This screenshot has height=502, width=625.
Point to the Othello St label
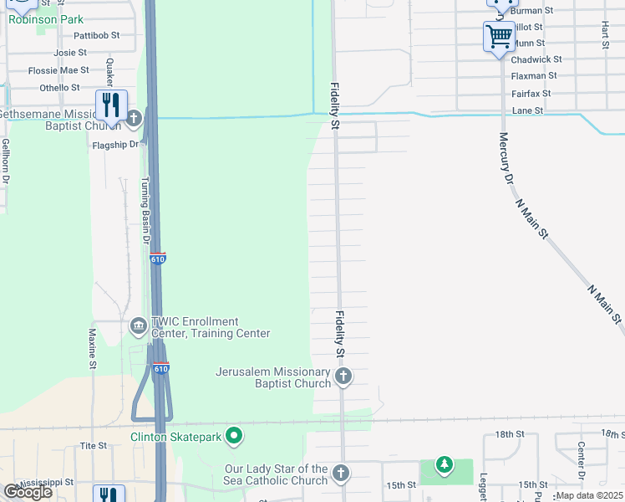[59, 87]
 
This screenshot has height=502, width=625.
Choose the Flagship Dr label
[114, 144]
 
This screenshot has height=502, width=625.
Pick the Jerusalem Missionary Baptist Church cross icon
[343, 377]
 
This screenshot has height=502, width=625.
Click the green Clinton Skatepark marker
[235, 436]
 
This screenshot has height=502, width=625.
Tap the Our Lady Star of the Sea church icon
[340, 474]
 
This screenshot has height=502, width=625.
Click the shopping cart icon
[499, 37]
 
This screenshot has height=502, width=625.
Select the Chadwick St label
[536, 59]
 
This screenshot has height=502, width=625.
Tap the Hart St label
[603, 36]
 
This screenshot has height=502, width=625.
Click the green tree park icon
[445, 464]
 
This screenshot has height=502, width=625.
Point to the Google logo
[28, 492]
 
